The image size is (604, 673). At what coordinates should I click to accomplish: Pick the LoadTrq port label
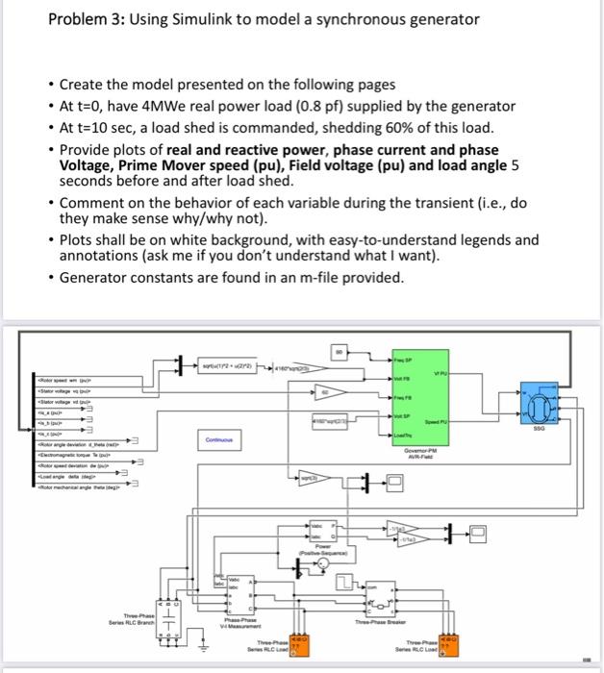pos(401,434)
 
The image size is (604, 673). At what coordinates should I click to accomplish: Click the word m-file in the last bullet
pos(344,278)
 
